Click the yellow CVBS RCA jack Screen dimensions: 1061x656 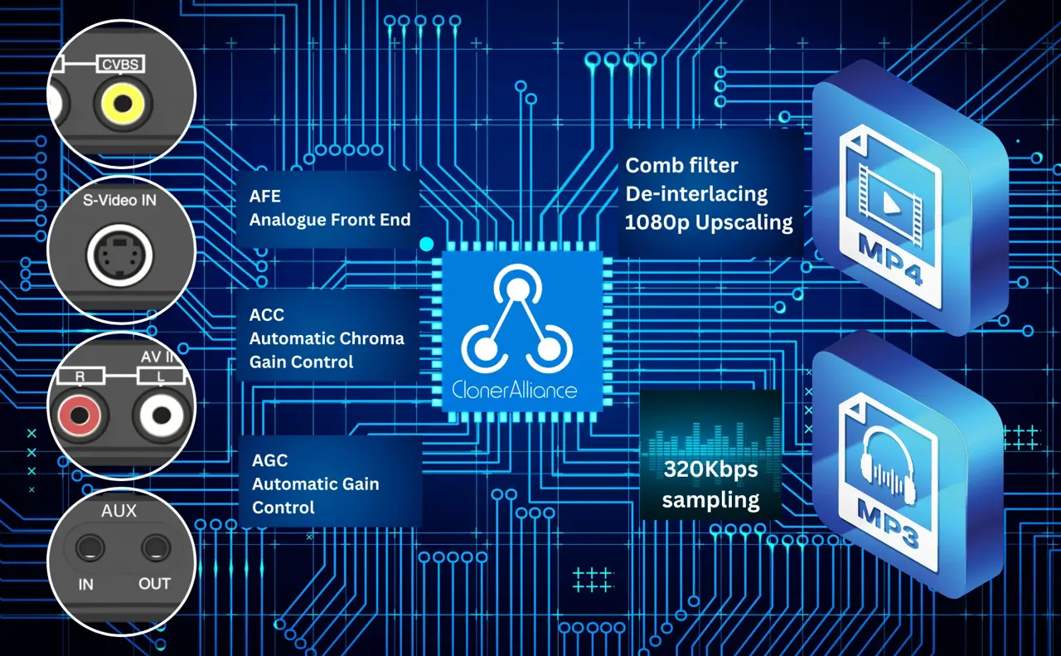click(x=123, y=103)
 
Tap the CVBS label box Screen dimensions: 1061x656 click(x=120, y=64)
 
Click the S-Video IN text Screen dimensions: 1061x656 click(x=119, y=201)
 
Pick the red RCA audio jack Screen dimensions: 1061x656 click(x=80, y=415)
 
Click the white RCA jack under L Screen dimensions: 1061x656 click(x=161, y=415)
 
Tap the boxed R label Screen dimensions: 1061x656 click(x=80, y=377)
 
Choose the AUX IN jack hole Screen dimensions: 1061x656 click(x=90, y=548)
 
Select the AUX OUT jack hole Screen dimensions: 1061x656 click(x=156, y=548)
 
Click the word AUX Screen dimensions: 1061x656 click(x=119, y=511)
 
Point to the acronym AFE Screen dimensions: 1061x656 click(x=264, y=197)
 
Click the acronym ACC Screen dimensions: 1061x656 click(x=267, y=314)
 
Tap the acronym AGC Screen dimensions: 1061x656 click(x=270, y=460)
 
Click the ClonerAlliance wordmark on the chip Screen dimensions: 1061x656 click(x=515, y=390)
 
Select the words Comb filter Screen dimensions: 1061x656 click(x=681, y=165)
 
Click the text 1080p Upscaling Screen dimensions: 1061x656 click(x=709, y=222)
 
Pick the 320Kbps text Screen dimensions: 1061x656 click(x=710, y=469)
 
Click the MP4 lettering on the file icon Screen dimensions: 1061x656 click(x=889, y=260)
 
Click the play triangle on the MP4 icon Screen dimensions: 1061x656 click(x=891, y=203)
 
